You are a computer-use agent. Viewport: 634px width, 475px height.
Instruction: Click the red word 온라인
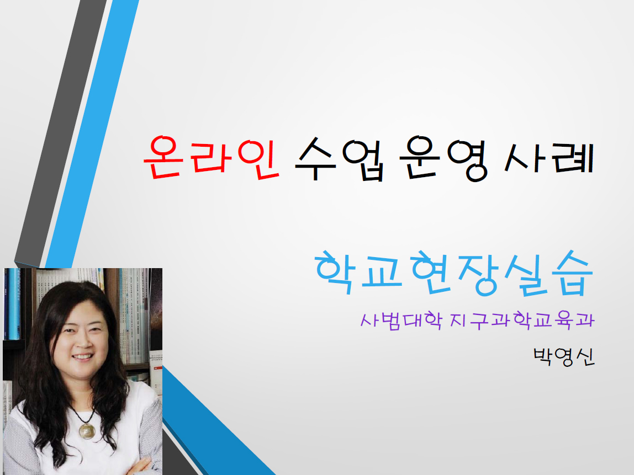(x=211, y=158)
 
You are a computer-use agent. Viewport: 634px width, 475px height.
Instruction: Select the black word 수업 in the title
(x=340, y=158)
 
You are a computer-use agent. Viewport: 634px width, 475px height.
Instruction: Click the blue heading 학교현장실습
(x=453, y=273)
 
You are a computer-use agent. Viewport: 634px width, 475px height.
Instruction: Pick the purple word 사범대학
(x=401, y=321)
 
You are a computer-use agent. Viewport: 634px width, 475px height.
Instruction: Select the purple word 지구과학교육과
(x=522, y=321)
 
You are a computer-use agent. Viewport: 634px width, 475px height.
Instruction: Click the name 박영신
(x=564, y=356)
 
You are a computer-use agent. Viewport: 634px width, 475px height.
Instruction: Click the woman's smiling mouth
(x=82, y=357)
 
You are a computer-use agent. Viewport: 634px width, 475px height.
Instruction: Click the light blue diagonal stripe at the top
(x=92, y=134)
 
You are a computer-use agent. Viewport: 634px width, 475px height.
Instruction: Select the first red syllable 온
(x=162, y=158)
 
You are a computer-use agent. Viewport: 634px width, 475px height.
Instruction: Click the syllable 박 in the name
(x=543, y=356)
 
